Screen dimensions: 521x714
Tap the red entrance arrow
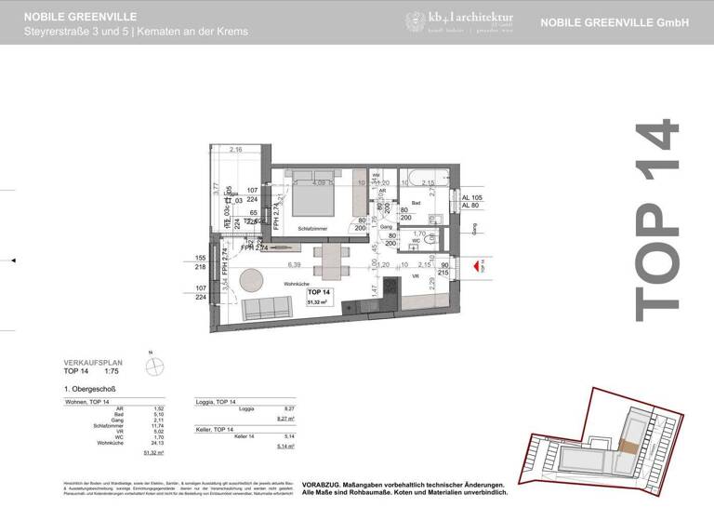(476, 267)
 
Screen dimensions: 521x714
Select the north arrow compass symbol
(156, 364)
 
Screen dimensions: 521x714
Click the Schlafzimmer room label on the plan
(315, 228)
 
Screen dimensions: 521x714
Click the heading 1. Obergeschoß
(90, 388)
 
